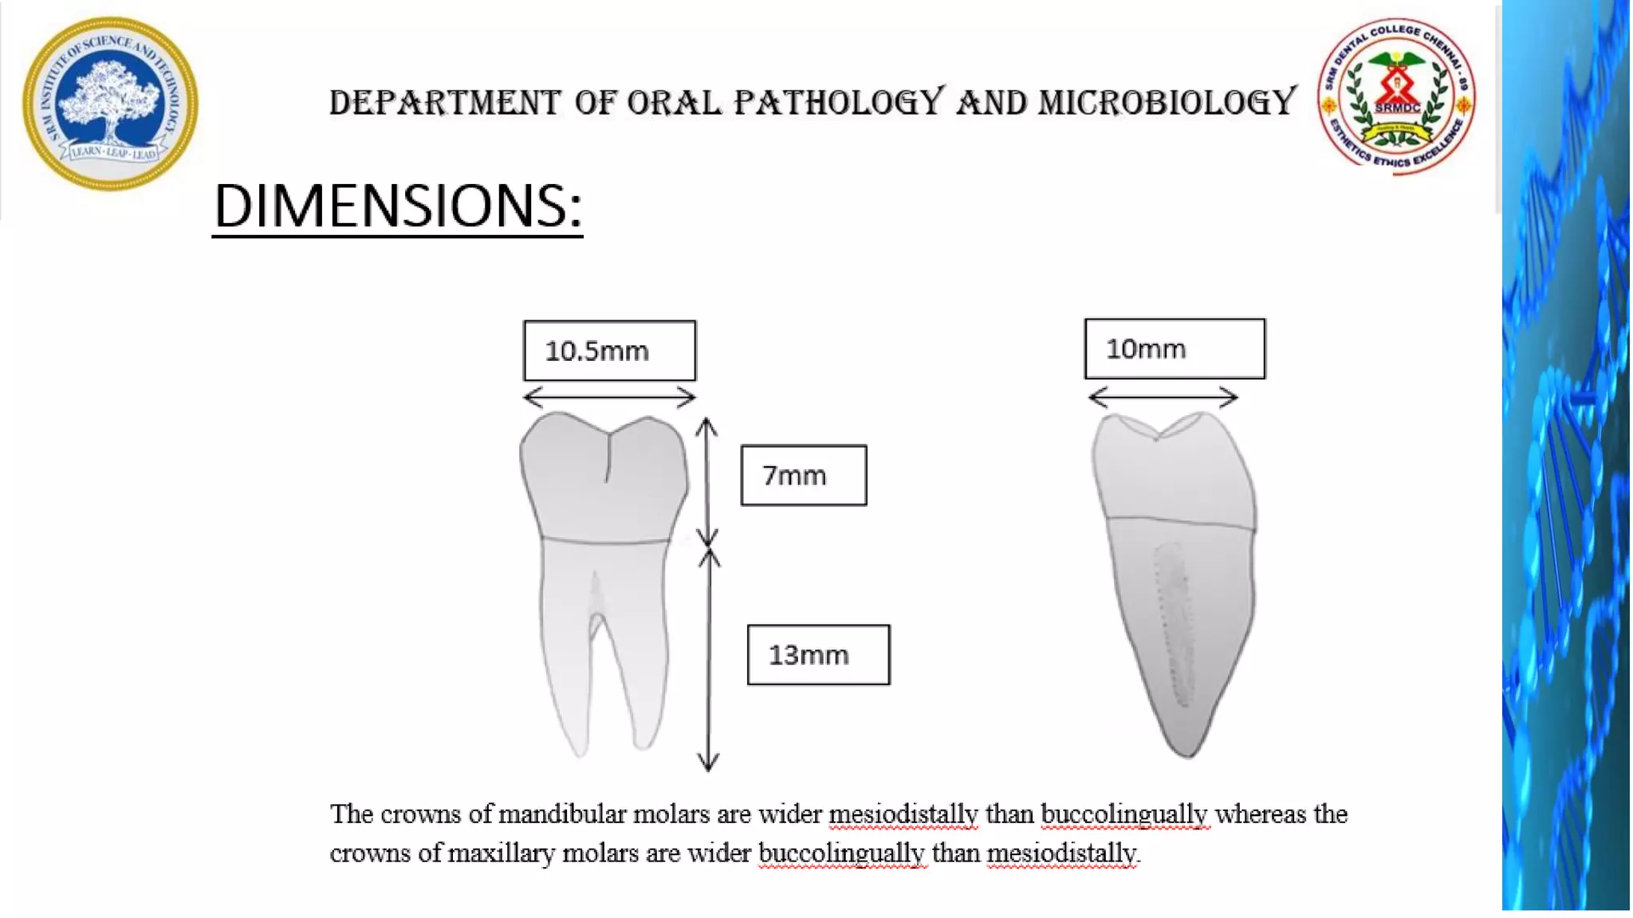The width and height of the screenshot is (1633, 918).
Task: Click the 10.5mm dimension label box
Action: point(609,351)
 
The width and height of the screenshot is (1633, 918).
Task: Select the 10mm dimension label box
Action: point(1174,349)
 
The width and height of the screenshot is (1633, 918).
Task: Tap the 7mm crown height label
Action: point(803,476)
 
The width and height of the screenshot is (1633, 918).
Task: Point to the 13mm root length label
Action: point(818,655)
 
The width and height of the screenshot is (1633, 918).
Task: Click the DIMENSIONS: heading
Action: point(397,206)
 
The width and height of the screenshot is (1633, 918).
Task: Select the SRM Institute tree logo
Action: point(110,104)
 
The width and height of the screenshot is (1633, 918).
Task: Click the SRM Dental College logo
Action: point(1396,96)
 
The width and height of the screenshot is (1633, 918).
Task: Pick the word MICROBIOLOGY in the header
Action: point(1167,102)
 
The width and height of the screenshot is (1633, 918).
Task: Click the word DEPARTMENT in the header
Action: point(445,103)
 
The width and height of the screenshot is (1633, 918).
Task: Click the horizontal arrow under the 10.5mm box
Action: point(609,396)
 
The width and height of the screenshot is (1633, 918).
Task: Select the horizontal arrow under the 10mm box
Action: point(1163,396)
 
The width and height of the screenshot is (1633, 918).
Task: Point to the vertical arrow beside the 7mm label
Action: point(707,481)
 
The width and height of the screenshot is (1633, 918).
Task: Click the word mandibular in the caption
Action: point(562,814)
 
